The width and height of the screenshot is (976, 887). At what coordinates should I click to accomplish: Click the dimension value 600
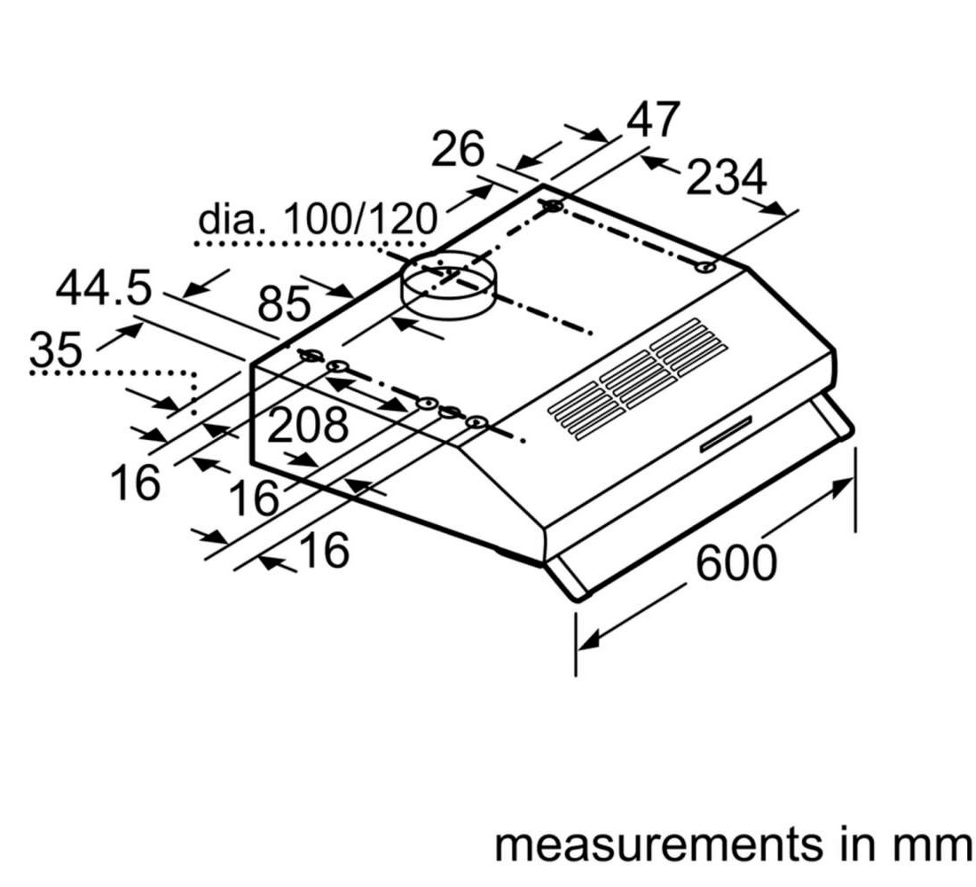coord(736,562)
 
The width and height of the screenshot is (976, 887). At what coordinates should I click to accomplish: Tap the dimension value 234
coord(726,177)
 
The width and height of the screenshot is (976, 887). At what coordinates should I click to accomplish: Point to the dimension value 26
coord(458,149)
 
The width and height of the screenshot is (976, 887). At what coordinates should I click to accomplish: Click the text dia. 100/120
coord(318,219)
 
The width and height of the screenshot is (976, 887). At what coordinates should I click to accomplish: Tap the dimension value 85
coord(284,303)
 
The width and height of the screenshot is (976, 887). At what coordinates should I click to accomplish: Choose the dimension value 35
coord(56,349)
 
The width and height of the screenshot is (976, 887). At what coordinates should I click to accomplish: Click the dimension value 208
coord(307,425)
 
